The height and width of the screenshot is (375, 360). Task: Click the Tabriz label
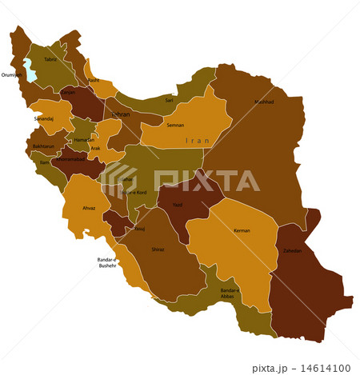click(50, 59)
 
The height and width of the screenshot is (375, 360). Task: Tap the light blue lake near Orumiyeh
click(30, 70)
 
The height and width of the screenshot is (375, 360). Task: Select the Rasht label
click(94, 80)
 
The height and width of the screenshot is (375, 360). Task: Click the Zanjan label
click(69, 93)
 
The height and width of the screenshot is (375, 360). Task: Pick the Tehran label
click(120, 115)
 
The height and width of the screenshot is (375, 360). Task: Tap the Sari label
click(169, 100)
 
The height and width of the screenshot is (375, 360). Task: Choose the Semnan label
click(174, 126)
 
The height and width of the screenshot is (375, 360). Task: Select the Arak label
click(95, 148)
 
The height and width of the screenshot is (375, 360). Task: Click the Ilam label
click(45, 162)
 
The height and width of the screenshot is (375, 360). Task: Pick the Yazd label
click(178, 205)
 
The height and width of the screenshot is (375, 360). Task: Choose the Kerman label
click(242, 231)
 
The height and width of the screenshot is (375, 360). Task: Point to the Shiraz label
click(158, 249)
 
